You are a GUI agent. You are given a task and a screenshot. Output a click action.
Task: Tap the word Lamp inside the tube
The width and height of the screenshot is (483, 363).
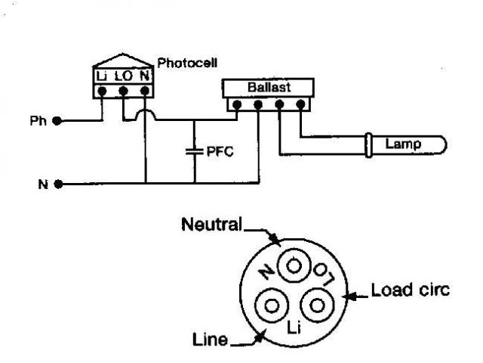coord(402,143)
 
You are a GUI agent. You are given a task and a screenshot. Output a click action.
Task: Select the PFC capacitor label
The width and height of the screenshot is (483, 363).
coord(220,151)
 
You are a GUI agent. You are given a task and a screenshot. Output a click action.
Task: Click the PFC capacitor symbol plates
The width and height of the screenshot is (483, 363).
coord(194,151)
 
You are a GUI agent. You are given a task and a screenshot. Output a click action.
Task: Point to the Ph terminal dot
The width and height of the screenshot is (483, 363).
coord(57,121)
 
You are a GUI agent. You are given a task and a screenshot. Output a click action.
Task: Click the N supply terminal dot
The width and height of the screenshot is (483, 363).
coord(57,183)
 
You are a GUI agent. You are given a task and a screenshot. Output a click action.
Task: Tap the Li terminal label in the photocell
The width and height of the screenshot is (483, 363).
coord(103,76)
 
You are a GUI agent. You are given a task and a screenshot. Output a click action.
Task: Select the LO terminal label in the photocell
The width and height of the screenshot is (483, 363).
coord(123,76)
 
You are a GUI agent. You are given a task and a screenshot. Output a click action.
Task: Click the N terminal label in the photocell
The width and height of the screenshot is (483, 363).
coord(144,76)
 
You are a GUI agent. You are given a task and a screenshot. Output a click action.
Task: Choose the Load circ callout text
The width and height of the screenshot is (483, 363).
coord(411,290)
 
